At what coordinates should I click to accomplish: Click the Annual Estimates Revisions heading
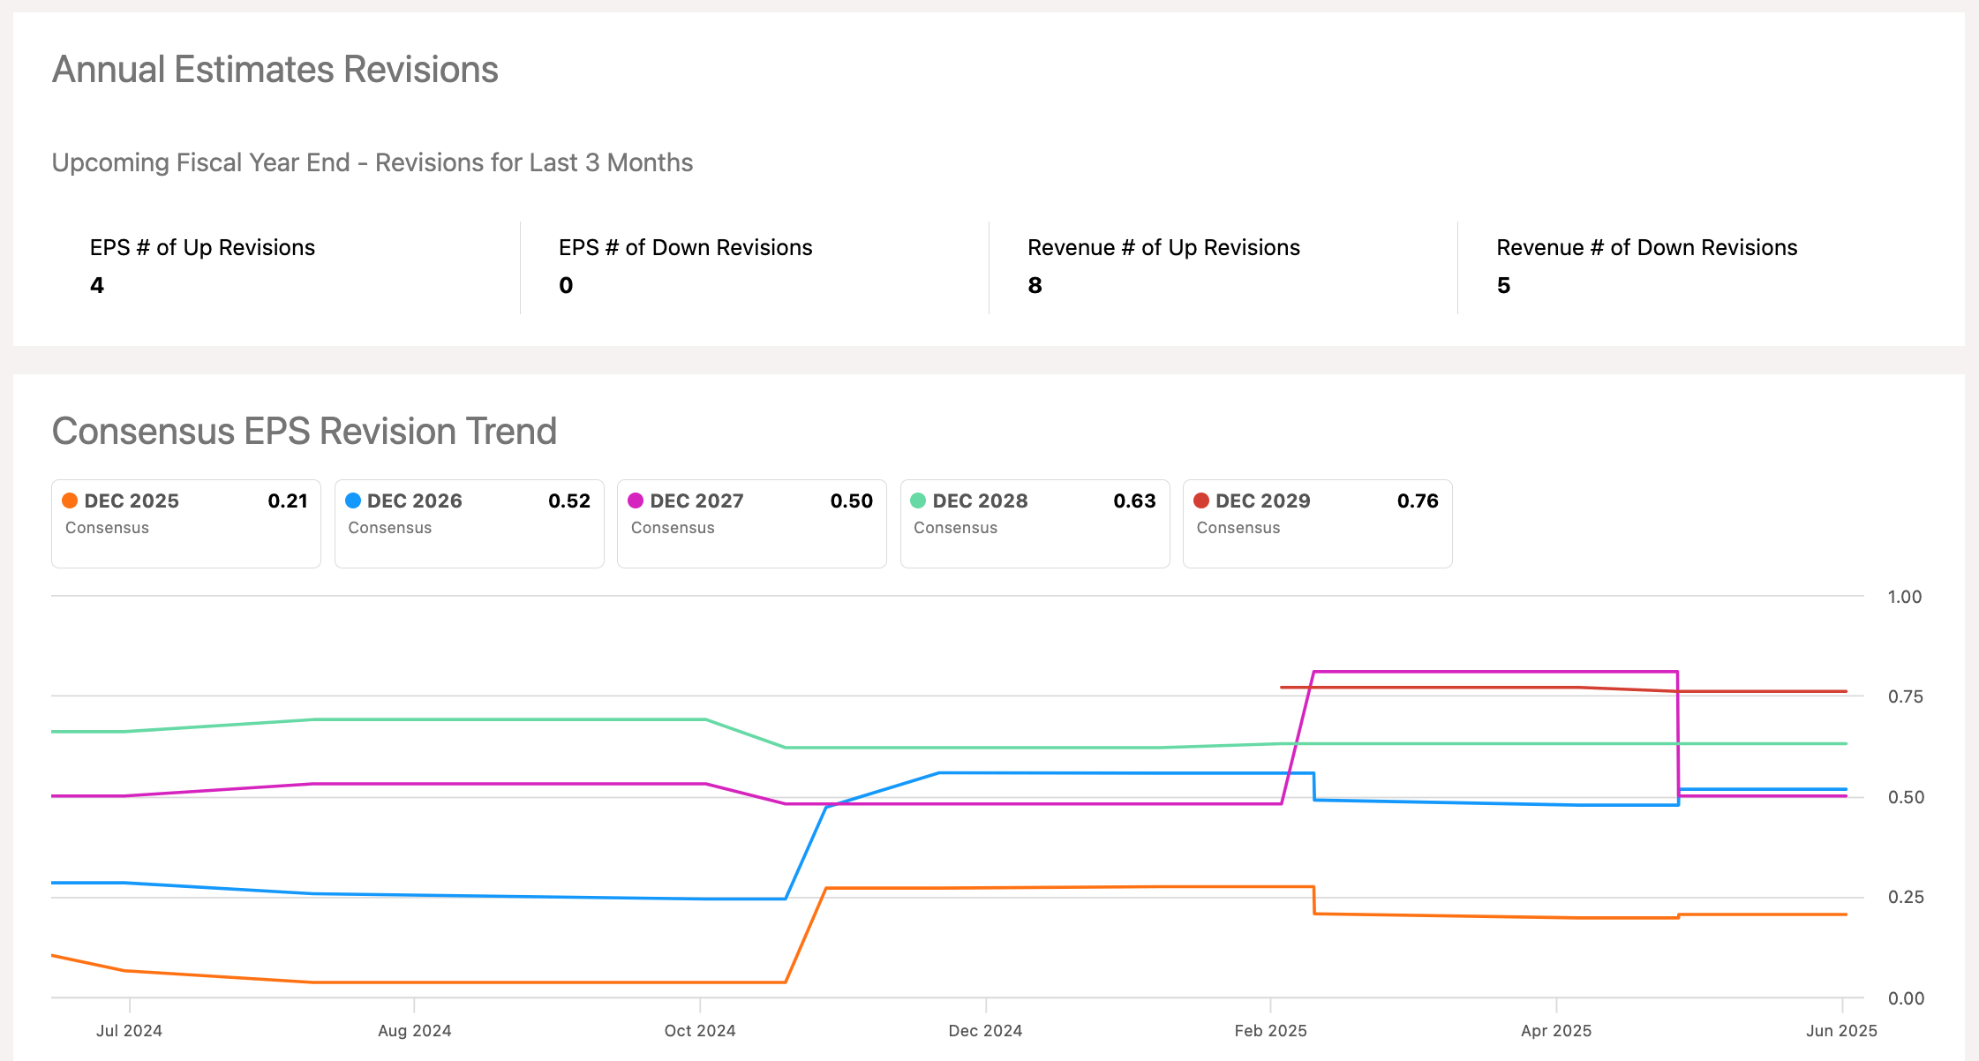(275, 70)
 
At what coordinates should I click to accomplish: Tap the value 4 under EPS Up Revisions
(97, 285)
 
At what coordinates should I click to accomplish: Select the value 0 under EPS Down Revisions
(566, 285)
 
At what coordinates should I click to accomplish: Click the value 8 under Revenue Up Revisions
(1035, 285)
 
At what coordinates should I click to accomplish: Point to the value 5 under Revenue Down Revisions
(1503, 285)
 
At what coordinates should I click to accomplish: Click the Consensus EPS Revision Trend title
(304, 432)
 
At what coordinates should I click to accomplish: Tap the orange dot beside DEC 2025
(70, 500)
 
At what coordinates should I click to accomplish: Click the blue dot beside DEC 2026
(353, 500)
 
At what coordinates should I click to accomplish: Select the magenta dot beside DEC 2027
(636, 500)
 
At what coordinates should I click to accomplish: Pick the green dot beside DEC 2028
(918, 500)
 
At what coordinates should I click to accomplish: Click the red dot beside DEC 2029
(1201, 500)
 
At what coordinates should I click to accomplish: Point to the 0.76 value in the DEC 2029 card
(1418, 500)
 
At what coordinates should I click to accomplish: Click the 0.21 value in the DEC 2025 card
(288, 500)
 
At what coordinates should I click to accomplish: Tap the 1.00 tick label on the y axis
(1905, 597)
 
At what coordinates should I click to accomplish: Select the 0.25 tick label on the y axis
(1905, 897)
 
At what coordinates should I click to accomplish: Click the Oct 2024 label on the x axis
(700, 1030)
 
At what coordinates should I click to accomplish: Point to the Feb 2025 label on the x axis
(1270, 1030)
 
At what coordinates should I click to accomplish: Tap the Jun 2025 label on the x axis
(1841, 1030)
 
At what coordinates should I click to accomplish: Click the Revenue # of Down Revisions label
(1646, 247)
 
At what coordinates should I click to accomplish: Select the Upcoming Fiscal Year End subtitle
(372, 162)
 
